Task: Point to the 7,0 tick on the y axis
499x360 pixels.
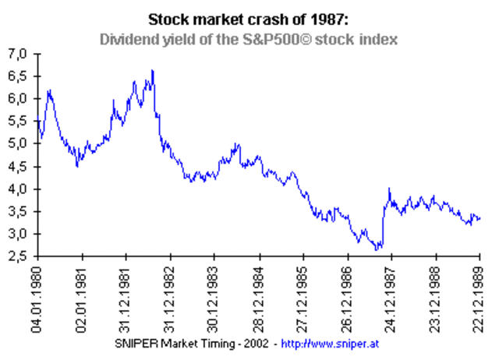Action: pos(18,54)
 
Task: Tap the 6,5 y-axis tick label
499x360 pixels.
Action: pos(18,76)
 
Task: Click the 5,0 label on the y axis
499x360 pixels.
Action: pos(18,144)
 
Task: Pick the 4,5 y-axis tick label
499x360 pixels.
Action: pos(18,167)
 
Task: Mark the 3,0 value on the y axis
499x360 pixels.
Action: pos(18,235)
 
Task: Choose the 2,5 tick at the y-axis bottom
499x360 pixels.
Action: pos(18,257)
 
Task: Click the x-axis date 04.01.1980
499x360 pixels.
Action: pos(36,299)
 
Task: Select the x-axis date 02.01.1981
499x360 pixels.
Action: pos(80,299)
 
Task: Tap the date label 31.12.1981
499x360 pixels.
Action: pos(125,299)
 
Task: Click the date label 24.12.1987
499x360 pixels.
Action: pos(391,299)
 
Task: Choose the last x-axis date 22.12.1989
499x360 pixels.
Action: pos(481,299)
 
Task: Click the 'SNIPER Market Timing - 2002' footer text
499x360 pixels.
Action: pos(204,344)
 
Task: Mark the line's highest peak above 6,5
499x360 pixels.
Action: pos(152,71)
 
